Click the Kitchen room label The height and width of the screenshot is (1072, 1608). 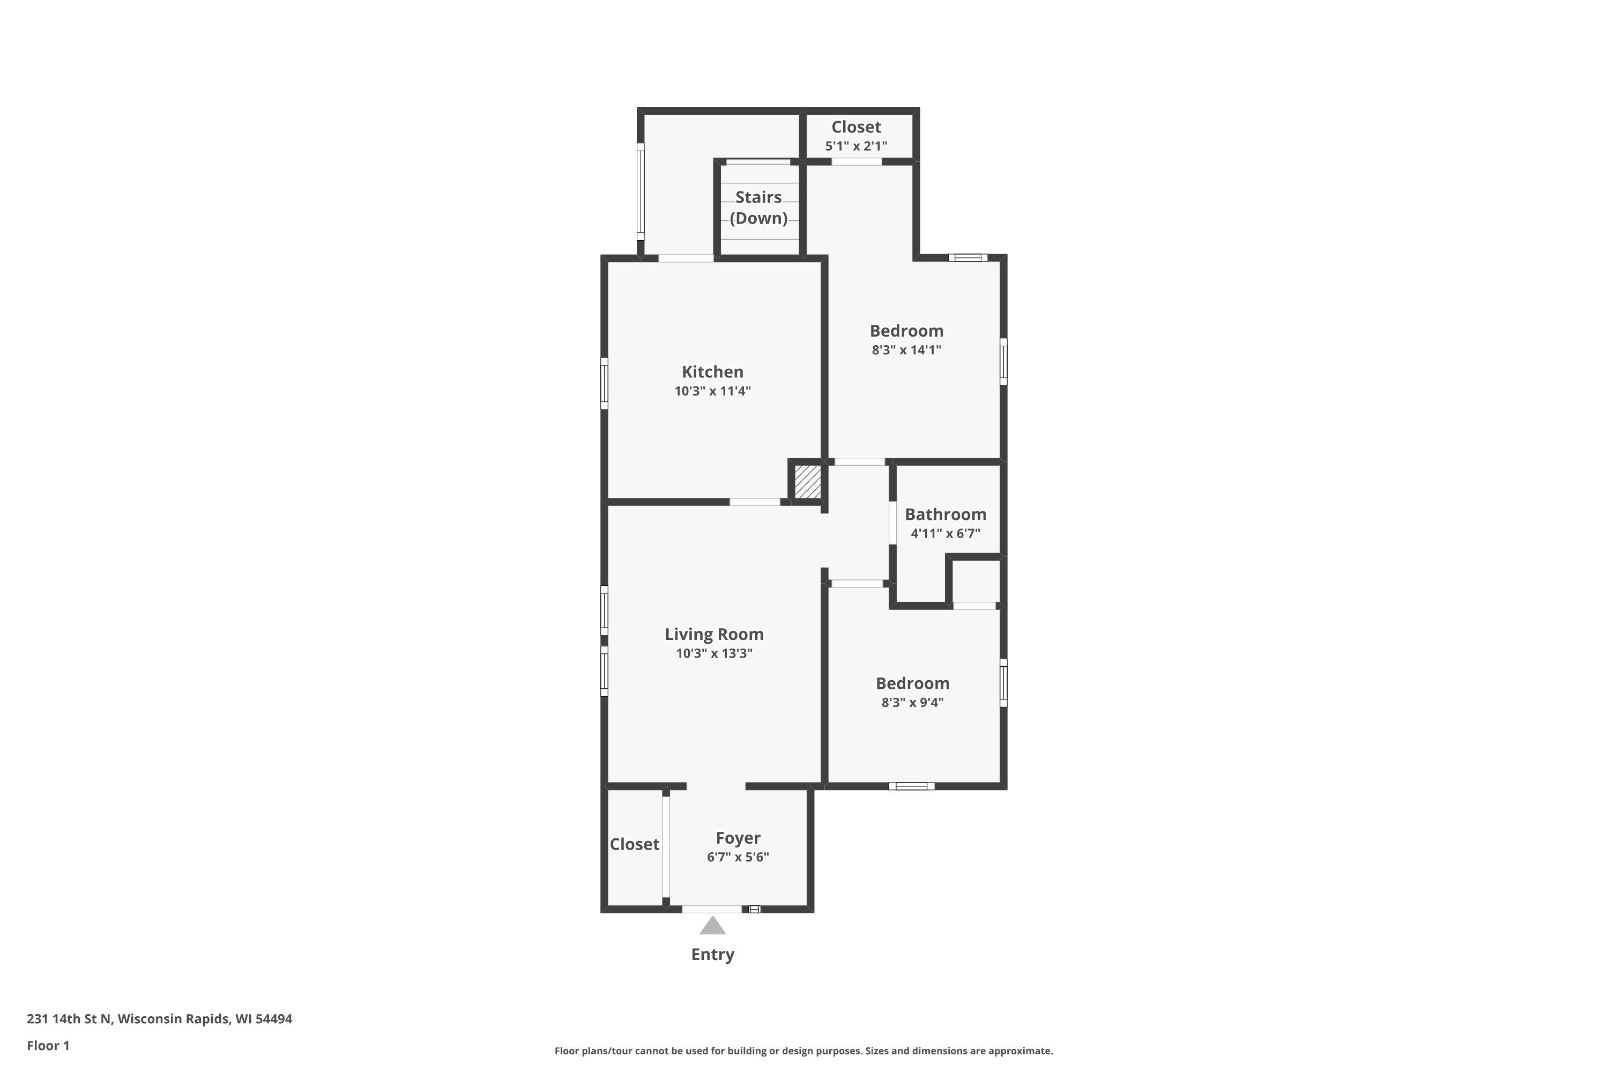pyautogui.click(x=712, y=372)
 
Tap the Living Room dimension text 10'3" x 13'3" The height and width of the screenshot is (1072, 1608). pyautogui.click(x=714, y=653)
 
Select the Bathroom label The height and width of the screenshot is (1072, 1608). pyautogui.click(x=946, y=514)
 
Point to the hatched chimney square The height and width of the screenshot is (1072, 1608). pyautogui.click(x=807, y=482)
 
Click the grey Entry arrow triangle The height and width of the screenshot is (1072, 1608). pyautogui.click(x=712, y=926)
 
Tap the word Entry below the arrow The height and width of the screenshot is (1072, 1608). pyautogui.click(x=712, y=955)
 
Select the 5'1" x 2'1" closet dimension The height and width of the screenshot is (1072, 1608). pyautogui.click(x=856, y=146)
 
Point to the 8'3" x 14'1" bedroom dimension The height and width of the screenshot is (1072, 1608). pyautogui.click(x=906, y=350)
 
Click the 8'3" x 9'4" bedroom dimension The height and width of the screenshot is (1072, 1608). pyautogui.click(x=913, y=702)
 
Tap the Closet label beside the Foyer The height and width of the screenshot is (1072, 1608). pyautogui.click(x=635, y=844)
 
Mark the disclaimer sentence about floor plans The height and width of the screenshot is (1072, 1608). pyautogui.click(x=803, y=1051)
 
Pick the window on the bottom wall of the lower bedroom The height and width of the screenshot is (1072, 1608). pyautogui.click(x=911, y=786)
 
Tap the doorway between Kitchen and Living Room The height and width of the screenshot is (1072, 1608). pyautogui.click(x=755, y=502)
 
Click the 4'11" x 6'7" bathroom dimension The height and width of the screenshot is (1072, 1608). pyautogui.click(x=946, y=533)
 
